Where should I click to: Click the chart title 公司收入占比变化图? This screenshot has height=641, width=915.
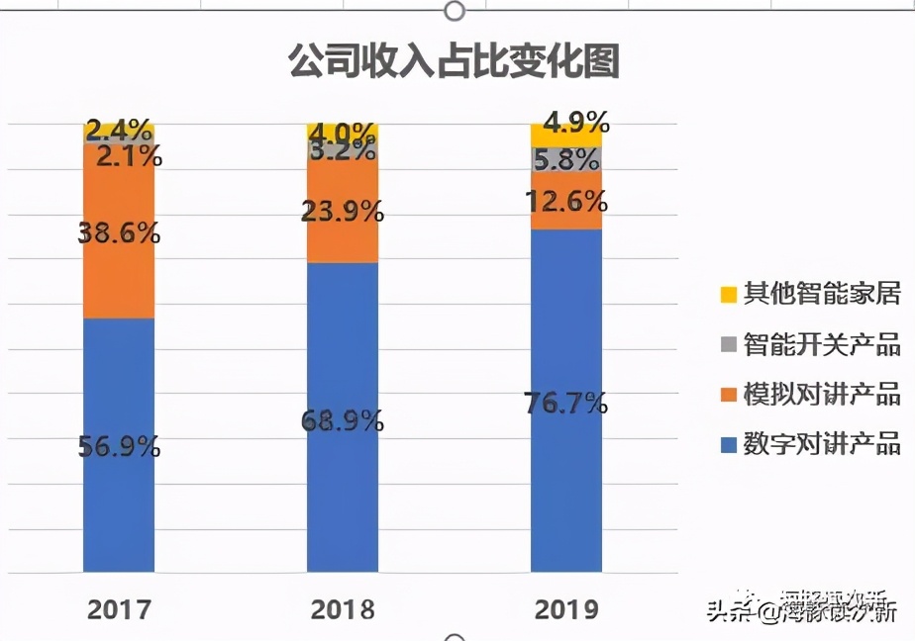point(454,61)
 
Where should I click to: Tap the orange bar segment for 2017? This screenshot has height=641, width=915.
point(119,277)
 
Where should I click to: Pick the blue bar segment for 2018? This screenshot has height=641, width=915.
point(343,495)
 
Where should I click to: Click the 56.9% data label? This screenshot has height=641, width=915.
point(119,446)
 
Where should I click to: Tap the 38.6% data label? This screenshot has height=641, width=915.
point(119,233)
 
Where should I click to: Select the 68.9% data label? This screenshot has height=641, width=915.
point(343,420)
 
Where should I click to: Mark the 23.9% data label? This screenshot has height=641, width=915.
point(343,211)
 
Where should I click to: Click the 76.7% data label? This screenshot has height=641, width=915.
point(566,403)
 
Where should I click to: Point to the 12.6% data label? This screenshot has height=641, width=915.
point(566,202)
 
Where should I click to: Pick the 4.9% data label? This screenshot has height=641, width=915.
point(576,123)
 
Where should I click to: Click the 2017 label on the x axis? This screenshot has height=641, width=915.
point(119,608)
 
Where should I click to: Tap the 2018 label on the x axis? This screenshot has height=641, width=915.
point(343,608)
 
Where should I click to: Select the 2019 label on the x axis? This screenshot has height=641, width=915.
point(566,608)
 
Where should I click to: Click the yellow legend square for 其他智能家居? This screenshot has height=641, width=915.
point(728,294)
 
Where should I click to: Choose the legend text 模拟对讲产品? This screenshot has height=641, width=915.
point(822,395)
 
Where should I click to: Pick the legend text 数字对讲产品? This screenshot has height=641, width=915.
point(822,443)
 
